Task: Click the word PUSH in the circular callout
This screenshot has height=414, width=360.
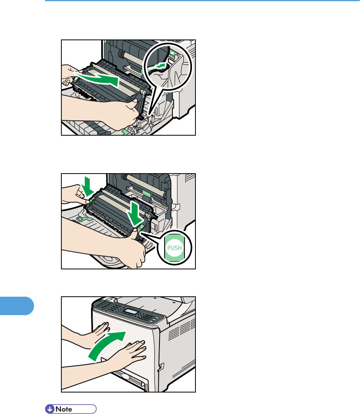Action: click(x=174, y=248)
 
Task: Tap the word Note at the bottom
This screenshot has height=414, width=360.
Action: click(x=64, y=409)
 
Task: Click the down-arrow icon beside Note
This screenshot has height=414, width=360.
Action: click(x=50, y=409)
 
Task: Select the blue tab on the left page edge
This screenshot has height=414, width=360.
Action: click(x=17, y=306)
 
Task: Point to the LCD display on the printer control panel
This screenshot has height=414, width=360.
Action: click(x=131, y=312)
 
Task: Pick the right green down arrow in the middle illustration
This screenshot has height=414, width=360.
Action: click(x=134, y=214)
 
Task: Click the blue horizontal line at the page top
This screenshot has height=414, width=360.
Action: click(x=202, y=1)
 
